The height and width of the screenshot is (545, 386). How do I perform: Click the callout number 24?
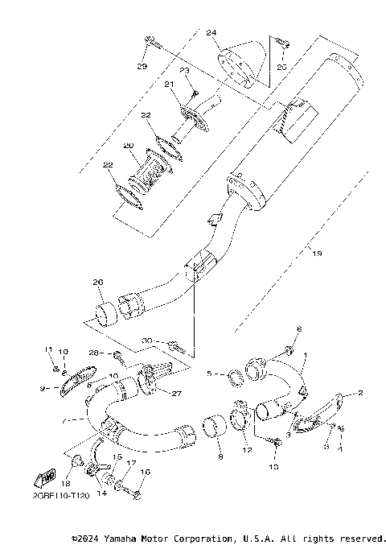point(211,33)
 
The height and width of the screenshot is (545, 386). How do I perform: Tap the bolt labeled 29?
point(150,40)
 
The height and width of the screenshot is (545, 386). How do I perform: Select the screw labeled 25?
point(280,43)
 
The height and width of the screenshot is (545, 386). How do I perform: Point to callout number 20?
point(128,146)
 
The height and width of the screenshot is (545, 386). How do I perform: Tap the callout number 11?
point(48,350)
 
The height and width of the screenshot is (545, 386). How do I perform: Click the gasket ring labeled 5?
point(229,374)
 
